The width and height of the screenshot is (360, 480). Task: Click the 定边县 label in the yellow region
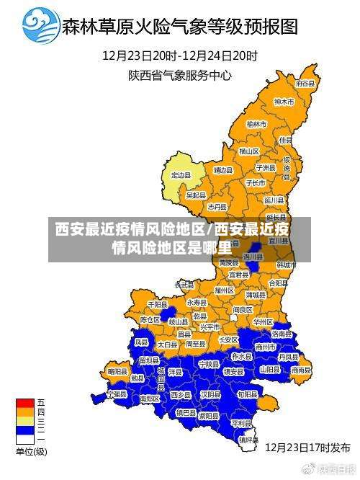click(181, 175)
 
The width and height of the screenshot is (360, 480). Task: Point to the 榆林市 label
click(257, 124)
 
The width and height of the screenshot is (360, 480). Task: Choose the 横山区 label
click(249, 151)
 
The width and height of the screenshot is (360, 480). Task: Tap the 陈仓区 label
click(150, 319)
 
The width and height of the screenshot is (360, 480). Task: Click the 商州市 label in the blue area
click(266, 347)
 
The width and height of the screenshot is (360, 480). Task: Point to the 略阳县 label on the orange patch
click(117, 371)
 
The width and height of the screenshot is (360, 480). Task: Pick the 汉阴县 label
click(210, 395)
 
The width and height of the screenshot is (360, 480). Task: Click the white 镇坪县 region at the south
click(248, 438)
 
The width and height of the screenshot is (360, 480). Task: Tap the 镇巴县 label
click(186, 413)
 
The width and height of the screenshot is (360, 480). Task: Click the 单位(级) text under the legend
click(31, 452)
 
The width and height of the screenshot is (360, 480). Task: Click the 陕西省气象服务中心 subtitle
click(180, 74)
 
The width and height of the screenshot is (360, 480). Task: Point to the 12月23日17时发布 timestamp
click(307, 446)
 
